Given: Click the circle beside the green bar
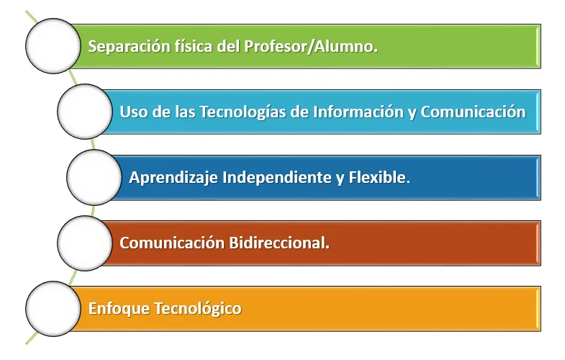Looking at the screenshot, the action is (53, 46).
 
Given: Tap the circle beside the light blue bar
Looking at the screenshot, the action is (85, 112).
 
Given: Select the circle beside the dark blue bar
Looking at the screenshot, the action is (94, 177).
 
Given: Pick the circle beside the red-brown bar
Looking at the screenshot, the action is (85, 243).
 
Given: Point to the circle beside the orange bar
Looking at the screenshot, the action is (53, 309).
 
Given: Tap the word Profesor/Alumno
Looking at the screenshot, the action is (311, 46).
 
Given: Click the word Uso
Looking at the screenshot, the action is (134, 112).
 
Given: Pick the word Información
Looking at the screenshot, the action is (358, 112).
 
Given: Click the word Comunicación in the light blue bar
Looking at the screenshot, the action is (473, 112).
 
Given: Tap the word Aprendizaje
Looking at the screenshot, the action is (173, 178).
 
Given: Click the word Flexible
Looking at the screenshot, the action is (379, 177).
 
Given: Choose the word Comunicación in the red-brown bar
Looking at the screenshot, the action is (172, 243).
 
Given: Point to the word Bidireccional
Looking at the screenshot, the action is (279, 243).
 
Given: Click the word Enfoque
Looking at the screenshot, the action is (119, 309).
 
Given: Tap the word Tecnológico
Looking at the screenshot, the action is (198, 309).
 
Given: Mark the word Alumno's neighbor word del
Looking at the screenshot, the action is (228, 46).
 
